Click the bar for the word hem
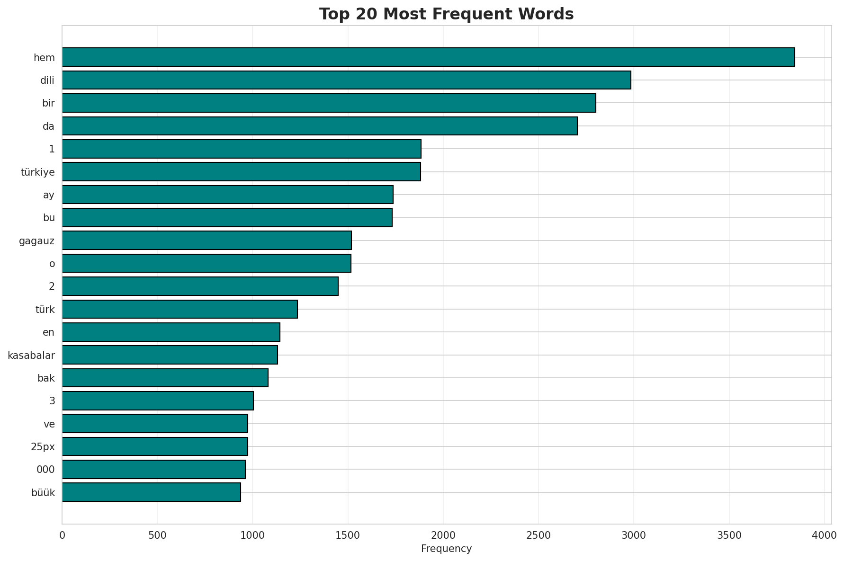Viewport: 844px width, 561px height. [x=428, y=57]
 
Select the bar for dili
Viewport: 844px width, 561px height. [x=346, y=80]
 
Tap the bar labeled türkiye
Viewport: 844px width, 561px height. [x=241, y=172]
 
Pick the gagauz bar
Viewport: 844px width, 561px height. [x=207, y=240]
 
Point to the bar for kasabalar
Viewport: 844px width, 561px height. [x=170, y=355]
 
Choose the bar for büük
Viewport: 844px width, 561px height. [x=151, y=492]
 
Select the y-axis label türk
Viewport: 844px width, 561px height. [x=45, y=310]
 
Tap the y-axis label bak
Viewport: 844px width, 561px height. [x=46, y=378]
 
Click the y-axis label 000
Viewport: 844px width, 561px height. [x=45, y=470]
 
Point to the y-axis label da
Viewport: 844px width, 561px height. [x=48, y=126]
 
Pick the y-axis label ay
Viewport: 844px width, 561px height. [x=49, y=195]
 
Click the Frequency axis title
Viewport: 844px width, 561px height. [x=446, y=549]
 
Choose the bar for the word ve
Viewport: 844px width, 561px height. [x=155, y=424]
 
